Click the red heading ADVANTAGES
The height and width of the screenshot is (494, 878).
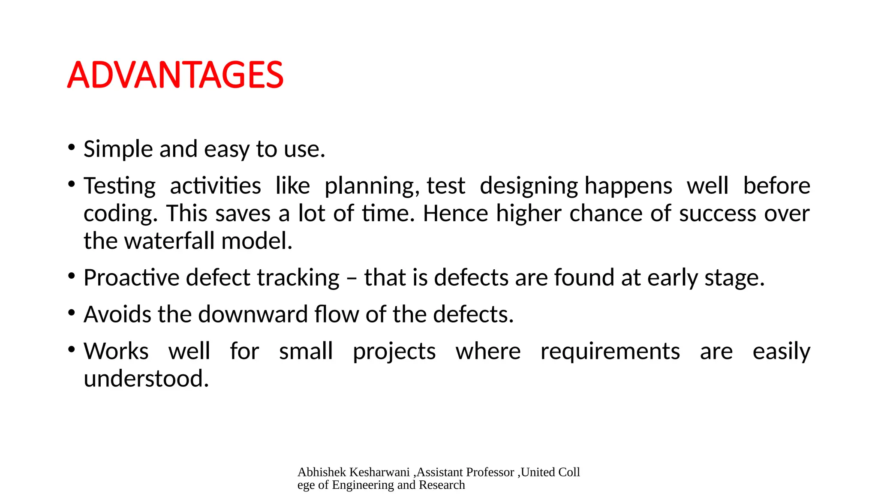click(175, 75)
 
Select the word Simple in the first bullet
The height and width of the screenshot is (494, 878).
click(118, 149)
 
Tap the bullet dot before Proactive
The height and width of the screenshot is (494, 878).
click(72, 276)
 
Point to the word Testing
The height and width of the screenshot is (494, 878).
click(120, 186)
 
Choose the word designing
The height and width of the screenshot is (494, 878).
click(529, 186)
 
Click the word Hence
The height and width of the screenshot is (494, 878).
click(455, 213)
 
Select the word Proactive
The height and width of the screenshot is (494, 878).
click(131, 277)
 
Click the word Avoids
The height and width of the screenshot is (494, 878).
click(117, 314)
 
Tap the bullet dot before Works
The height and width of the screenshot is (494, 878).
click(72, 349)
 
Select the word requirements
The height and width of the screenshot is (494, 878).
click(610, 351)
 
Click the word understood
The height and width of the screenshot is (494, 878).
click(146, 379)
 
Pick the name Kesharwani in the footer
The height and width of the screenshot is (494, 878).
click(380, 472)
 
